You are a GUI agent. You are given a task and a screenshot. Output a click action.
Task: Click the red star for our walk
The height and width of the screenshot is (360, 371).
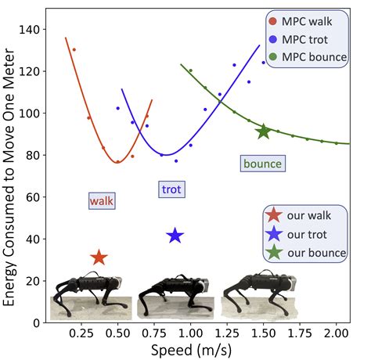tap(99, 257)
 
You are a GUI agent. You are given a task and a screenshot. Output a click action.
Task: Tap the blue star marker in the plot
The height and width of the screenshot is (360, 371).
tap(175, 236)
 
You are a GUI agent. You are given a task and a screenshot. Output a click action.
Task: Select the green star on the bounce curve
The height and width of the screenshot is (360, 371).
tap(264, 131)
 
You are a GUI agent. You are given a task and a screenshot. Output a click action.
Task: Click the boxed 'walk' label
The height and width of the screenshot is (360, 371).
tap(102, 201)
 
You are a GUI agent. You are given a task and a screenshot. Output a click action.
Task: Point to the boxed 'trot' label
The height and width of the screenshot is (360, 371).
tap(171, 189)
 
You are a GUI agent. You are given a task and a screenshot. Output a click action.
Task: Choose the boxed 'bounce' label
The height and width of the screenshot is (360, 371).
tap(261, 164)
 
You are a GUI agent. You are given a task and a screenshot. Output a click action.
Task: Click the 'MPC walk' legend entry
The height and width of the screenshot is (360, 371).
tap(304, 21)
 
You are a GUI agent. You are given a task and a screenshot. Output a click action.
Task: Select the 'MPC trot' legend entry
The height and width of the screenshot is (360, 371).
tap(304, 38)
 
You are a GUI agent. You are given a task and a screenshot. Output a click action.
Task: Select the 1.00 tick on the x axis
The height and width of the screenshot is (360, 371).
tap(190, 332)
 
